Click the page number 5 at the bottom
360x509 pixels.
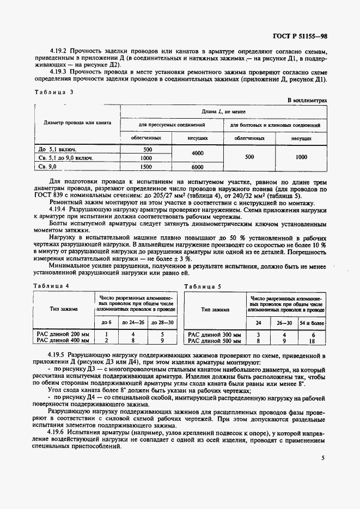(323, 458)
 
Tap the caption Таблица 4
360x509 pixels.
(51, 286)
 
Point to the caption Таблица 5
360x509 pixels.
(203, 286)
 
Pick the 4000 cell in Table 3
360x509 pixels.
(197, 154)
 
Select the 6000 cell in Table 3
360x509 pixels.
(197, 167)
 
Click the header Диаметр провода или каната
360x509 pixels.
(77, 122)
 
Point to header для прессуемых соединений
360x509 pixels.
(172, 125)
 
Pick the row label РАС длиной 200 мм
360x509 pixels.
(63, 334)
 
